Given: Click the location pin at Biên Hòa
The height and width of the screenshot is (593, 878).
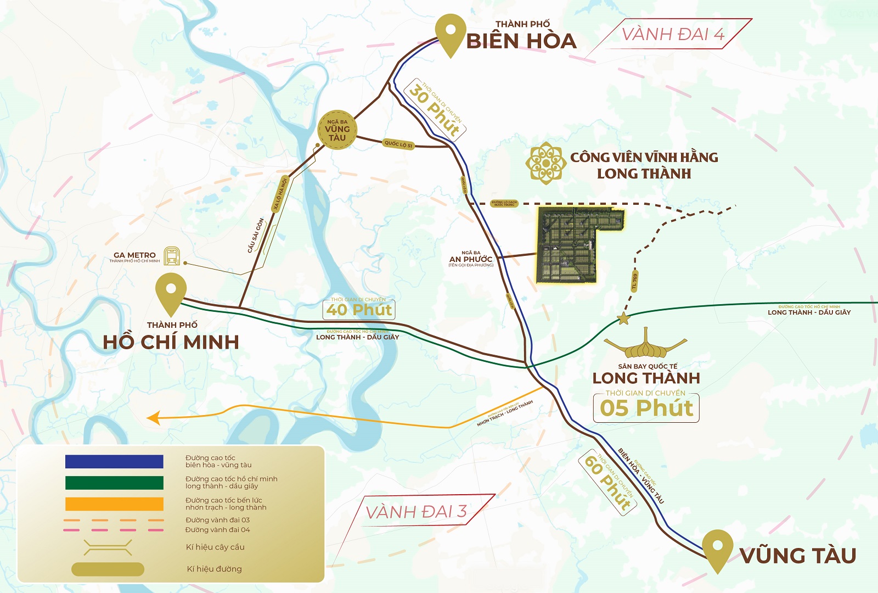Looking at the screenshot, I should pyautogui.click(x=451, y=34).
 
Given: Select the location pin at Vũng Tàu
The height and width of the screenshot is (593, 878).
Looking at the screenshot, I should pyautogui.click(x=717, y=549).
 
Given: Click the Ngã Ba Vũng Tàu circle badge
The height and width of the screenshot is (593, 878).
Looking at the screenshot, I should pyautogui.click(x=337, y=130).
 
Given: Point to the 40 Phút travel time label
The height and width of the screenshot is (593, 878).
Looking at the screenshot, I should pyautogui.click(x=359, y=309).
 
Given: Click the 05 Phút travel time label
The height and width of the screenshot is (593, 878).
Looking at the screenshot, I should pyautogui.click(x=646, y=408).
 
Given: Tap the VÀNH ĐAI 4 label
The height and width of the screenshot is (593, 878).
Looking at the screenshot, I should pyautogui.click(x=673, y=34).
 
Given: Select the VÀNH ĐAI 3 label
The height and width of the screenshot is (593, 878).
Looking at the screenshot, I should pyautogui.click(x=416, y=512).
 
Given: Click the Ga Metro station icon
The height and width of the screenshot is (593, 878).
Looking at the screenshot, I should pyautogui.click(x=172, y=256).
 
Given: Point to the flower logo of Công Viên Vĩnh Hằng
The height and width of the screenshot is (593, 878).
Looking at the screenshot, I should pyautogui.click(x=545, y=163).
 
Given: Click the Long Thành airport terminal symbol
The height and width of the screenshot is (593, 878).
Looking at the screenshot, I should pyautogui.click(x=645, y=345).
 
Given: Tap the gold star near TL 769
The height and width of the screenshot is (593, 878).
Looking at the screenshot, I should pyautogui.click(x=623, y=318).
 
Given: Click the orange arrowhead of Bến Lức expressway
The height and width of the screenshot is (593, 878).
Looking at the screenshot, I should pyautogui.click(x=153, y=418).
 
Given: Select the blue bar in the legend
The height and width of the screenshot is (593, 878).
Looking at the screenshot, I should pyautogui.click(x=114, y=461).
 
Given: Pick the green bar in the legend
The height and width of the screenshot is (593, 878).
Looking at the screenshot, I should pyautogui.click(x=114, y=483).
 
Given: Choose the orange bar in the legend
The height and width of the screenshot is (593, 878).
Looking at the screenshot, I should pyautogui.click(x=114, y=504).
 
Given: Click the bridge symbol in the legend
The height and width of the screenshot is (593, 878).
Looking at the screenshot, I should pyautogui.click(x=108, y=547).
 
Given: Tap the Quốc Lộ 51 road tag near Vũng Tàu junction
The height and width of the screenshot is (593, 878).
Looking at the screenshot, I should pyautogui.click(x=398, y=144).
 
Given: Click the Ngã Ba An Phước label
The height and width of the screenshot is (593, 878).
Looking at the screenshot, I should pyautogui.click(x=471, y=259).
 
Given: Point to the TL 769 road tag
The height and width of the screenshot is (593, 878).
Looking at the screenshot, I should pyautogui.click(x=634, y=281).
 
